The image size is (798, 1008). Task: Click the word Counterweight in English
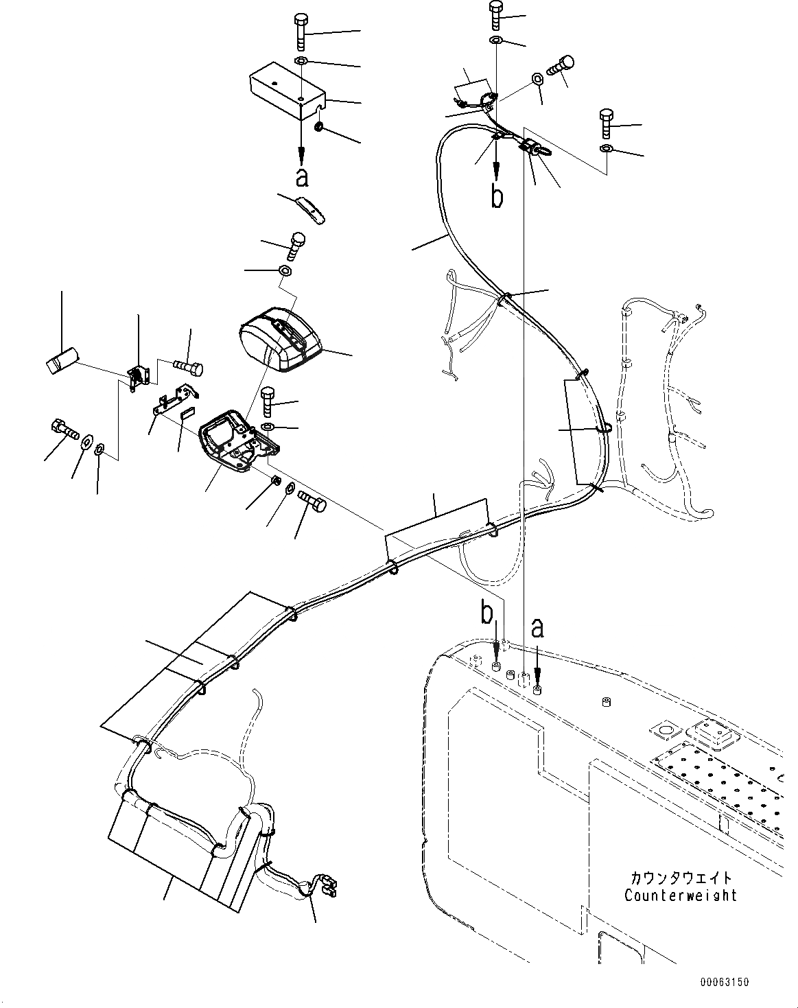click(x=680, y=895)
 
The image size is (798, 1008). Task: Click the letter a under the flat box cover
click(x=301, y=177)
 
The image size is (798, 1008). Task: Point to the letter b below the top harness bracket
click(x=497, y=196)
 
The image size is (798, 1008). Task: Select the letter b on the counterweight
click(x=486, y=614)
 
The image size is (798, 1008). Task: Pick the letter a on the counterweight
click(x=537, y=626)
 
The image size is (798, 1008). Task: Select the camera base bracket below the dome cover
click(x=237, y=443)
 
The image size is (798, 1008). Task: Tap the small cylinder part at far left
click(x=62, y=361)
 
